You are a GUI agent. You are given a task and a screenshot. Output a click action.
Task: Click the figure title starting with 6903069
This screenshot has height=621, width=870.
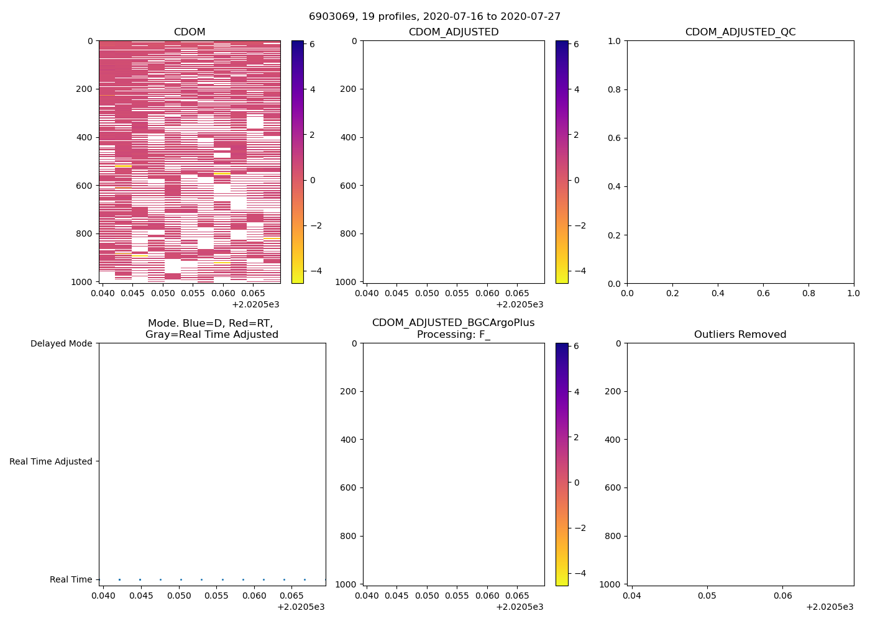[434, 17]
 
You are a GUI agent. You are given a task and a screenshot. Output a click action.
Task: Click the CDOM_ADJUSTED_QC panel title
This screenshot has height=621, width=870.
[740, 32]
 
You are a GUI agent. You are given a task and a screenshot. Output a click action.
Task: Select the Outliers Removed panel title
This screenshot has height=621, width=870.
[740, 335]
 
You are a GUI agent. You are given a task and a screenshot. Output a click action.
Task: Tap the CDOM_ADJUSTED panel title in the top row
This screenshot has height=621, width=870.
[454, 32]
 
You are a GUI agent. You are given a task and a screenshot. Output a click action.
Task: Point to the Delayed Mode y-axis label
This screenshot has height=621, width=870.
[61, 343]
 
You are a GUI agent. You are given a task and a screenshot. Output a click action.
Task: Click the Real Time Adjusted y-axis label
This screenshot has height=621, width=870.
[51, 461]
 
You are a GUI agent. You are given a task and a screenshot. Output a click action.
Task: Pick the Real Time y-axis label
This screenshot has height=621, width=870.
[71, 579]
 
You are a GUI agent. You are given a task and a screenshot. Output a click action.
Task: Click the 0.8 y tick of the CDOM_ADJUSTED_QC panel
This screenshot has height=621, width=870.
[614, 89]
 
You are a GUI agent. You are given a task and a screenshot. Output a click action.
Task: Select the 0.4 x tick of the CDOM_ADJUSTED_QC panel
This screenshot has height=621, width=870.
[718, 293]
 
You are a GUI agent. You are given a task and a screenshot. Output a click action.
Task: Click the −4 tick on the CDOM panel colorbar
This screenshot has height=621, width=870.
[316, 271]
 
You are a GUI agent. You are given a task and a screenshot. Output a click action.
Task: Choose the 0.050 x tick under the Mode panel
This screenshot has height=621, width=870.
[180, 596]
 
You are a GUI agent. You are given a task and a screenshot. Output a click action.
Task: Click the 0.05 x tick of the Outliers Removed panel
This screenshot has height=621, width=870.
[707, 596]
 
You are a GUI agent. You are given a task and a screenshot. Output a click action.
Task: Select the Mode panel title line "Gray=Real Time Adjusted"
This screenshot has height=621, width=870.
[212, 335]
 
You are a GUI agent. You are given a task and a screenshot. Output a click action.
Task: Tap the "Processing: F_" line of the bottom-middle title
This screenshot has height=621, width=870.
[454, 335]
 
